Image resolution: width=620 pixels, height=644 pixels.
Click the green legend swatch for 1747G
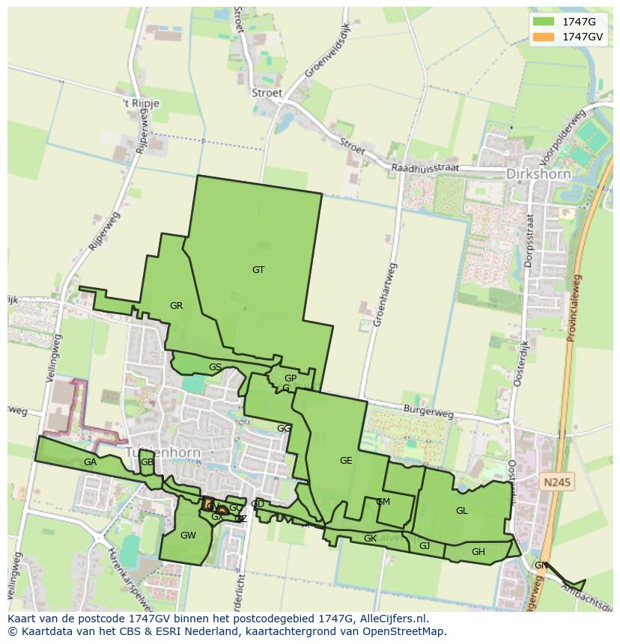544,22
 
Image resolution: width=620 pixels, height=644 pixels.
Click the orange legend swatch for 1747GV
544,37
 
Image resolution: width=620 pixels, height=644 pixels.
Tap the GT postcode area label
258,270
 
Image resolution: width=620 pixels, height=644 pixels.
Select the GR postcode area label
176,306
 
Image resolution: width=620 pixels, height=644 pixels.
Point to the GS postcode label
215,367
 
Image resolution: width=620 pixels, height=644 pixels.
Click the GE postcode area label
346,461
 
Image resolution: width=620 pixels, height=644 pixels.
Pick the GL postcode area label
461,511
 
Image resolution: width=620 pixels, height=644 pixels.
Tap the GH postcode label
478,552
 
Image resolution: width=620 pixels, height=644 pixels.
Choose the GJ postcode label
425,546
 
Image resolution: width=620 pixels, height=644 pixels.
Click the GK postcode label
370,539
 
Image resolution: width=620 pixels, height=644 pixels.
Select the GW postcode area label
188,536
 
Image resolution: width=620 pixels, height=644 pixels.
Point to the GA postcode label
91,462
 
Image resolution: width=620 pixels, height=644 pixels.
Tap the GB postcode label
147,462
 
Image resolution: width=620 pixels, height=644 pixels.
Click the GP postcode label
291,378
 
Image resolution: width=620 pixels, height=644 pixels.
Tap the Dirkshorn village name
538,174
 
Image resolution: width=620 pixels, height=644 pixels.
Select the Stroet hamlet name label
267,93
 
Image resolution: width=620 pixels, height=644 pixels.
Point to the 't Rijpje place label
142,104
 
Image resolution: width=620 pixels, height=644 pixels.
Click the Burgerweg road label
428,411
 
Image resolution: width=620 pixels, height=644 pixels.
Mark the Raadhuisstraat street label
425,168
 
